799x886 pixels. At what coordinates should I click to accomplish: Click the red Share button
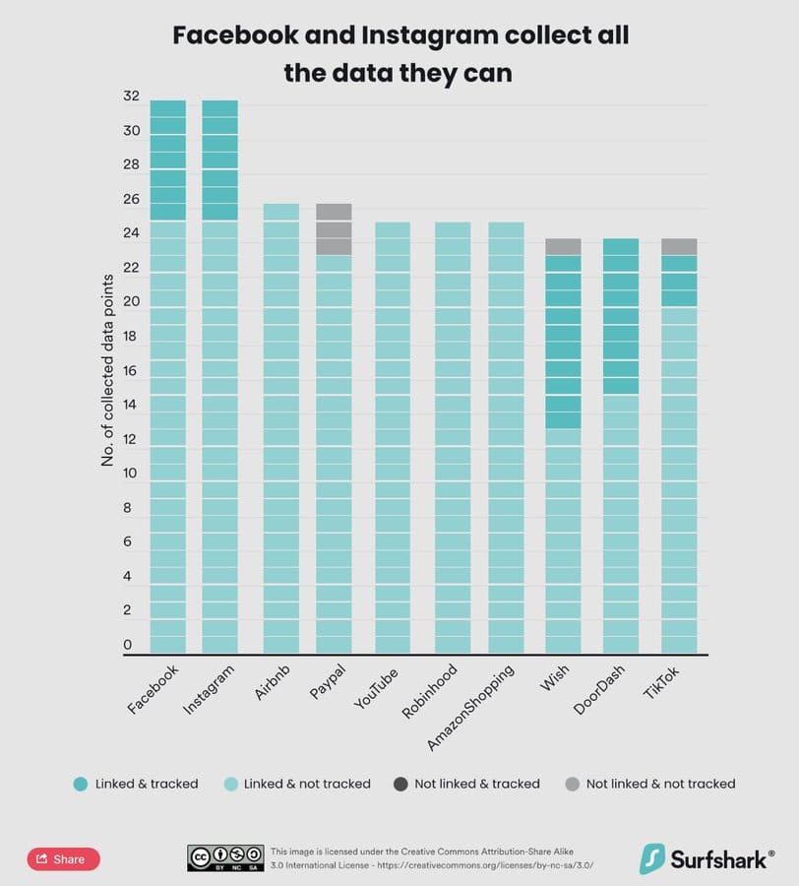coord(63,858)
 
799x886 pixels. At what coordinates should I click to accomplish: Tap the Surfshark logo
coord(706,858)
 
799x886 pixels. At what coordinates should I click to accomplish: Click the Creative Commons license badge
coord(225,857)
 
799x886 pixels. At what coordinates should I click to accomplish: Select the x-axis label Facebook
coord(154,690)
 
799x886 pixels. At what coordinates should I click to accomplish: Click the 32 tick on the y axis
coord(131,97)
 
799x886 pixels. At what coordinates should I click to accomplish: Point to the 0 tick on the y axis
coord(127,645)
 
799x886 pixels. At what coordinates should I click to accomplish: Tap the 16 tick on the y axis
coord(131,371)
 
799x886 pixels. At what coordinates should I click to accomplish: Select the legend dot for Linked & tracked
coord(81,784)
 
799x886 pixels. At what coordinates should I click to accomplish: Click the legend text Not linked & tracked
coord(477,784)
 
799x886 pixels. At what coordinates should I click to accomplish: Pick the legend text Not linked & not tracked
coord(660,784)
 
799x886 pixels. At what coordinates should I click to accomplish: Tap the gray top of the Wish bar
coord(563,246)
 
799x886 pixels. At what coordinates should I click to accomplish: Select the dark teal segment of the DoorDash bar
coord(620,315)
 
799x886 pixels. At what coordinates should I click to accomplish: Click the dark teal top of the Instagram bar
coord(219,159)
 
